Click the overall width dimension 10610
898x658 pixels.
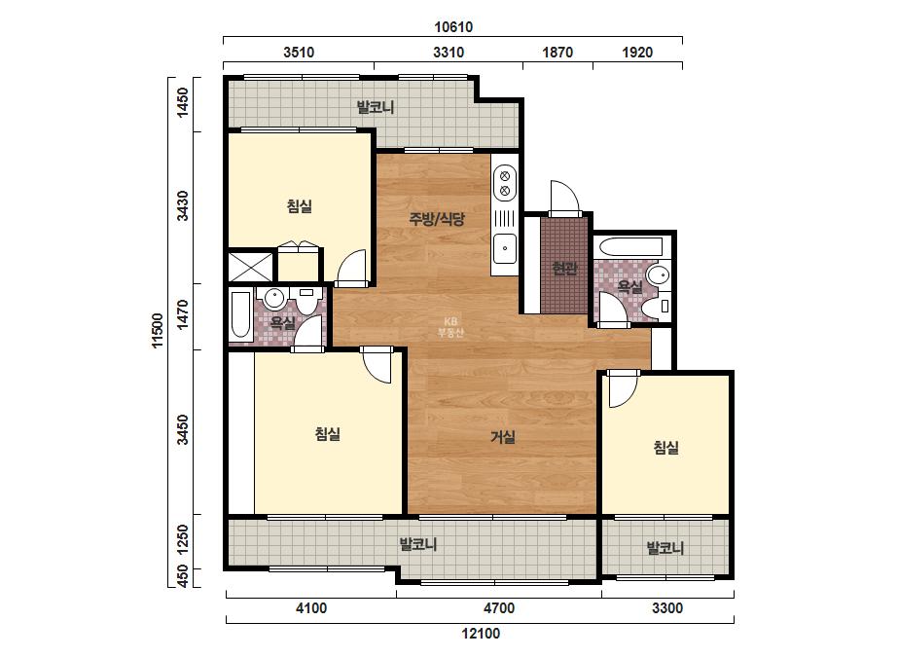click(x=453, y=27)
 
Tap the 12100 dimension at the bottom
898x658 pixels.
click(x=481, y=634)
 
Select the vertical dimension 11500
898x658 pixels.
click(x=158, y=331)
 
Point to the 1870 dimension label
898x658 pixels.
click(x=557, y=53)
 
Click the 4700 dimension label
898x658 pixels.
click(x=499, y=608)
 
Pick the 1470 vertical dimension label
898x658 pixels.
click(x=182, y=314)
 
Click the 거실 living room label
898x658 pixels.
click(x=503, y=437)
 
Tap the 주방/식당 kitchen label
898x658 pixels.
click(x=437, y=218)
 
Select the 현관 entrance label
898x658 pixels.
click(x=564, y=268)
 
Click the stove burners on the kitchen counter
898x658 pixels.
click(x=505, y=183)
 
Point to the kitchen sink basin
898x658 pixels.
click(x=505, y=248)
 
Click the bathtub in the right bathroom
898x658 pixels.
click(x=629, y=247)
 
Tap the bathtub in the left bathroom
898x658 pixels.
click(x=240, y=314)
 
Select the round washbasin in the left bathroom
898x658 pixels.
click(x=275, y=299)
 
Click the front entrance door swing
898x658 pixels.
click(x=564, y=199)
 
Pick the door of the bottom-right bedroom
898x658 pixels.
click(x=623, y=388)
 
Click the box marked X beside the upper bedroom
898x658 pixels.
click(x=251, y=267)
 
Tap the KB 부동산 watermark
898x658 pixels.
click(x=450, y=327)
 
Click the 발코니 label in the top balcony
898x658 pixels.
click(x=376, y=107)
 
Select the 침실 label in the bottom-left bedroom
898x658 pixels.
click(x=328, y=434)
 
